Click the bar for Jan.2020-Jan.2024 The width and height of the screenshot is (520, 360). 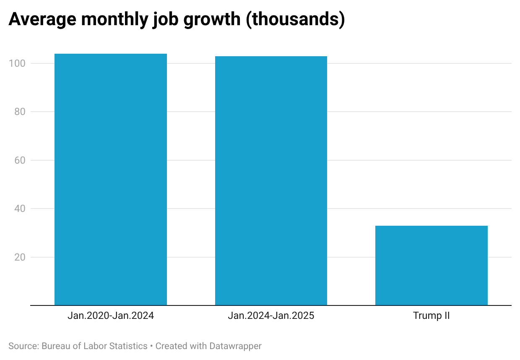111,179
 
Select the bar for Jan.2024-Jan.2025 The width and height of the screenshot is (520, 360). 271,180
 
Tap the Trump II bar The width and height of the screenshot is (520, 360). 432,265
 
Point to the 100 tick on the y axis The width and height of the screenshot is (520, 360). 17,63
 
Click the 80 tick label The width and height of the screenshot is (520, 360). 20,112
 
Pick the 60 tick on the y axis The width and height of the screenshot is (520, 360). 20,160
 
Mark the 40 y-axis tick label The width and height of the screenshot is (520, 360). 20,209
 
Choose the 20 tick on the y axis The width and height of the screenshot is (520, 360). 20,257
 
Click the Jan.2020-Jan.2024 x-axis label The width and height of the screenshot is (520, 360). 111,316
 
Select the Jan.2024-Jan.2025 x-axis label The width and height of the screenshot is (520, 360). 271,316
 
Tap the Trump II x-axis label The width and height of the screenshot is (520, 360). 432,316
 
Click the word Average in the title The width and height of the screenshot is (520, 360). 42,19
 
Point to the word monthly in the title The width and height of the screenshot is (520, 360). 114,19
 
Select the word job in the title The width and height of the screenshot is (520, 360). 165,19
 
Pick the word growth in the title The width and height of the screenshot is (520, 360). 212,19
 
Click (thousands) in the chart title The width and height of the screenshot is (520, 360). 295,19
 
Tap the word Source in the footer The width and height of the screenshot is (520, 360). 23,346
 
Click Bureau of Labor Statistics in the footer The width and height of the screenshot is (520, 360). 94,346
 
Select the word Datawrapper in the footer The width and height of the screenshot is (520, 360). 235,346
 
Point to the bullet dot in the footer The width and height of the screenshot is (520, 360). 151,346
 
